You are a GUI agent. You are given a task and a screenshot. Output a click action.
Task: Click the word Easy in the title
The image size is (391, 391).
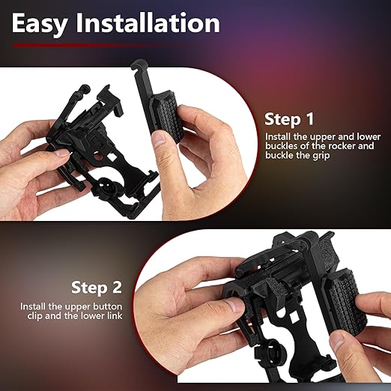tap(40, 24)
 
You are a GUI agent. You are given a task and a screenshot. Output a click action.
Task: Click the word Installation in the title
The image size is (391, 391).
tap(148, 22)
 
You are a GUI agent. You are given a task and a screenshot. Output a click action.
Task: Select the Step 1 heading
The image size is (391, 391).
tap(289, 119)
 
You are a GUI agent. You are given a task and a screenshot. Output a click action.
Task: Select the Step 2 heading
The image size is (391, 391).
tap(97, 288)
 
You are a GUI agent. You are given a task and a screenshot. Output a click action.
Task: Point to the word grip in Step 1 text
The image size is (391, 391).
tap(321, 156)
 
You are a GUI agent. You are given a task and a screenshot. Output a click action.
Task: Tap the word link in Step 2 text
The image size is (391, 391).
tap(115, 316)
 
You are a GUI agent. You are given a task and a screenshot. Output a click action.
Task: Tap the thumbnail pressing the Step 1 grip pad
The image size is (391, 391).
tap(160, 138)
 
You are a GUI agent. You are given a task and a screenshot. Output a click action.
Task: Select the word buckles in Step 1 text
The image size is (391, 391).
tap(279, 146)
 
